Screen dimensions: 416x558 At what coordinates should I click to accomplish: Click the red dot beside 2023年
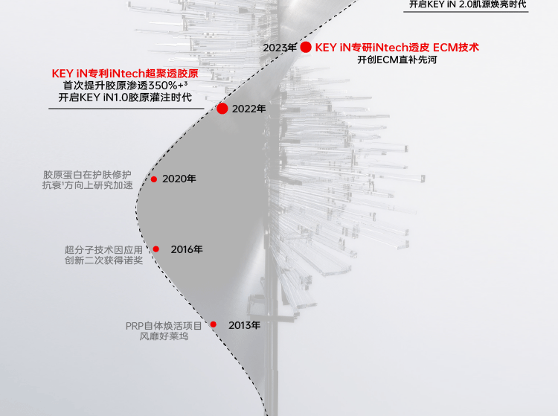(306, 47)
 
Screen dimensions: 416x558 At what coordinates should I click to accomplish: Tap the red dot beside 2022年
(222, 109)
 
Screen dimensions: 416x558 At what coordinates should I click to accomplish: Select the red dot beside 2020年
(154, 179)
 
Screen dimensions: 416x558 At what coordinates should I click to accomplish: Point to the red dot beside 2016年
(155, 249)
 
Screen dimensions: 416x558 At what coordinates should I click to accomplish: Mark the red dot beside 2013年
(213, 324)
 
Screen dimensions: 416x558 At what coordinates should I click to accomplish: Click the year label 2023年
(280, 48)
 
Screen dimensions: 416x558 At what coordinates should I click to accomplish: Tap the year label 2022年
(248, 109)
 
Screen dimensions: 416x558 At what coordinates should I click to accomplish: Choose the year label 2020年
(179, 179)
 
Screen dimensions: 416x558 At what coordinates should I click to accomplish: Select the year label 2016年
(186, 249)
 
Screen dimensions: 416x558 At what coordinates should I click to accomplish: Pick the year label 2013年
(244, 325)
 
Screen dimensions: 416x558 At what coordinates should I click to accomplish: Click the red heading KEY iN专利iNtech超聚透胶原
(125, 73)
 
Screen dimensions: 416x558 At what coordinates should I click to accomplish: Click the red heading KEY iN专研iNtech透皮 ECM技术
(397, 47)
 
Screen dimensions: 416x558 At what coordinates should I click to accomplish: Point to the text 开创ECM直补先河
(397, 60)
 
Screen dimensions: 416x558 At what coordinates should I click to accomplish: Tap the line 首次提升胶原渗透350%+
(125, 86)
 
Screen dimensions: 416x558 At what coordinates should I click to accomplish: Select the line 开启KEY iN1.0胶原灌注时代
(125, 98)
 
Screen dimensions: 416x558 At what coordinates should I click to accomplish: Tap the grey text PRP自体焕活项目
(164, 325)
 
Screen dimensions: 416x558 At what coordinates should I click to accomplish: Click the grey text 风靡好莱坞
(164, 336)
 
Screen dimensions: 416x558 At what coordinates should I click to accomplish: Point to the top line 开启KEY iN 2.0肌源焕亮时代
(468, 4)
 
